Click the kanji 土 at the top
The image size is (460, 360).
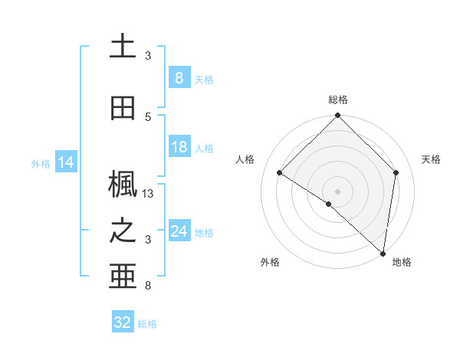pos(122,46)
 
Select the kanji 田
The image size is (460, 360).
pos(123,107)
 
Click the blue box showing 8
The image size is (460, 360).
pos(179,77)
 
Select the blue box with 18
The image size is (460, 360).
pos(179,147)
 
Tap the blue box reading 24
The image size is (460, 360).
pos(179,231)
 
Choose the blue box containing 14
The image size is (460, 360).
pos(65,162)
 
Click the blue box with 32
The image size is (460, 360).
pos(123,322)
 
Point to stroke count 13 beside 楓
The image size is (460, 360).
pos(149,194)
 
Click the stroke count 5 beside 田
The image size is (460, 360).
pos(148,116)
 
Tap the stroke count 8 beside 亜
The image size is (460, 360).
pos(148,286)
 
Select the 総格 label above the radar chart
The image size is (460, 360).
pos(338,100)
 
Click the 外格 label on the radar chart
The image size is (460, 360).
pos(270,262)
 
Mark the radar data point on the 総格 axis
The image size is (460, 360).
pos(338,116)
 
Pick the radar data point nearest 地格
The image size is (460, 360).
pos(383,253)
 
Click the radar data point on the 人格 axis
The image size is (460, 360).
pos(280,172)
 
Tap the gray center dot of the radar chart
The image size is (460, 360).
pos(338,191)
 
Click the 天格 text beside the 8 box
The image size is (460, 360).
pos(204,79)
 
